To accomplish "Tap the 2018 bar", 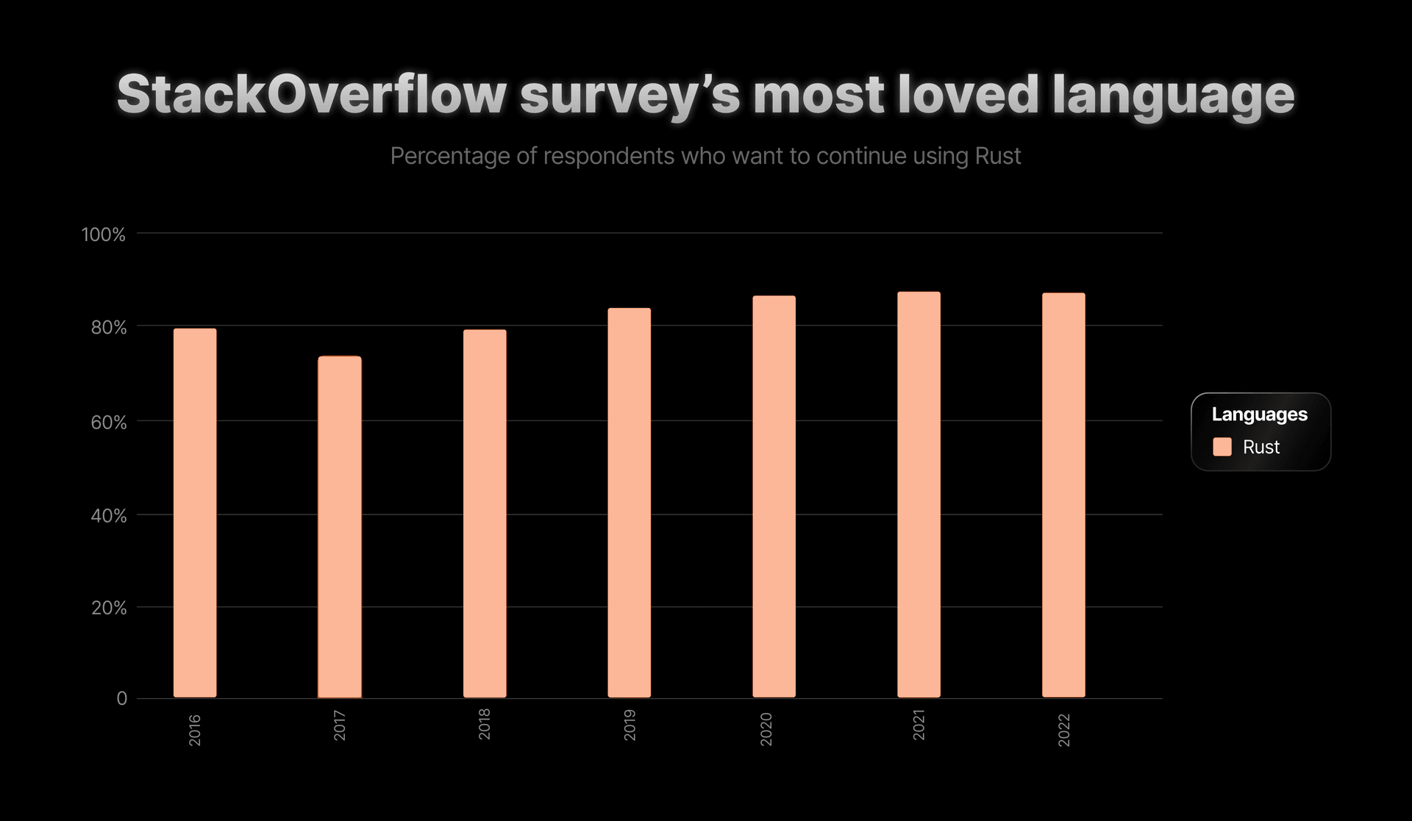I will [x=485, y=514].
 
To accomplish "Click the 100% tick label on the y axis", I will [x=103, y=234].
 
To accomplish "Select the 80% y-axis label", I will [x=109, y=327].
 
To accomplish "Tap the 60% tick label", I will [x=109, y=423].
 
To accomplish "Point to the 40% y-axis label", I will [x=109, y=516].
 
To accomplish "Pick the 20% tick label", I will [x=109, y=608].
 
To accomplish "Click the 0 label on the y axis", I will [x=121, y=698].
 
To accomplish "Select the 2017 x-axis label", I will [x=340, y=725].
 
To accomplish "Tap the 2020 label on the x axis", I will [x=766, y=729].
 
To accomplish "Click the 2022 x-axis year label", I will [x=1064, y=730].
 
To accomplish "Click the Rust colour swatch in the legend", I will [x=1222, y=447].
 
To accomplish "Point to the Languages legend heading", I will [x=1259, y=415].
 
